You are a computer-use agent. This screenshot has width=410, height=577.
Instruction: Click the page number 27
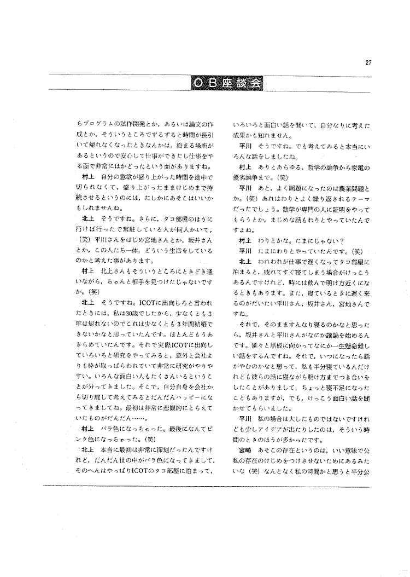coord(368,62)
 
